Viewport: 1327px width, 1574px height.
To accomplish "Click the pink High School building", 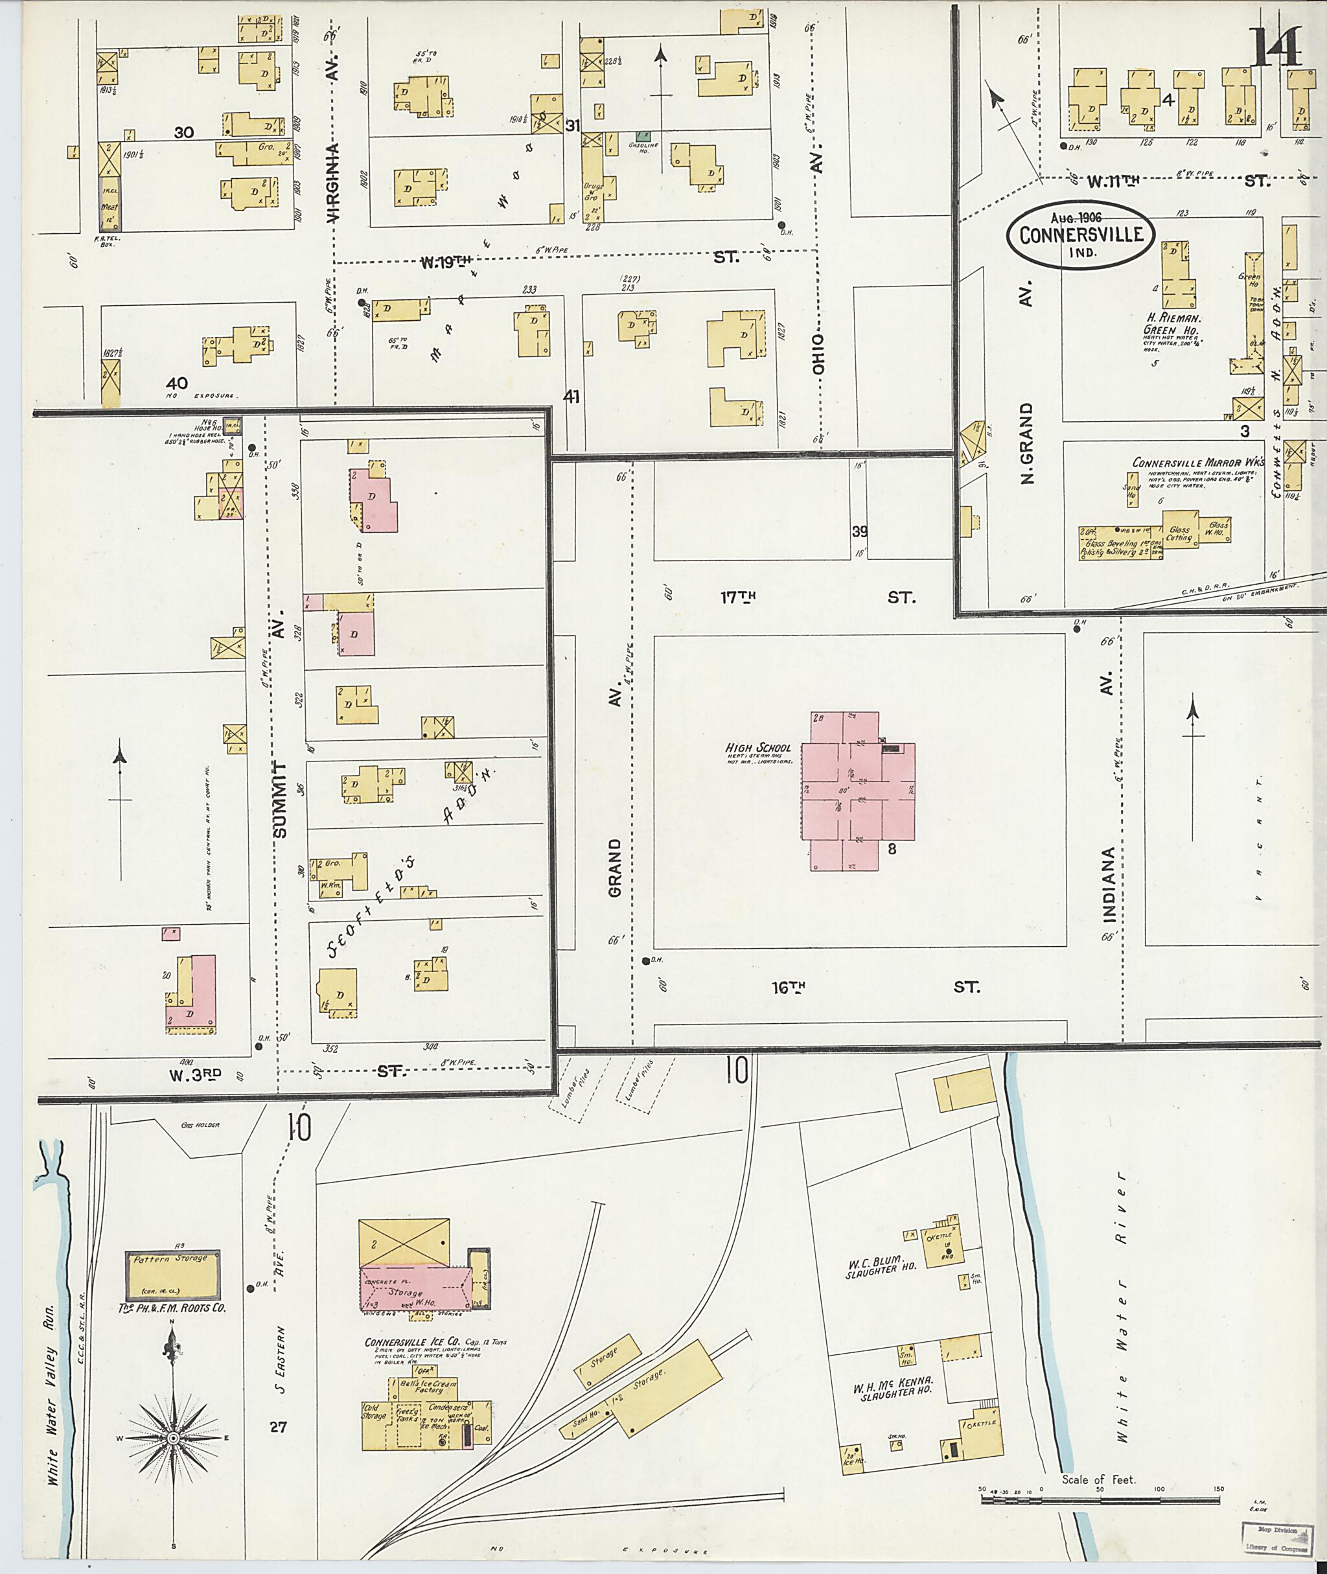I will tap(858, 791).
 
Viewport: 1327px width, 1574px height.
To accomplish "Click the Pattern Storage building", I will tap(172, 1275).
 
